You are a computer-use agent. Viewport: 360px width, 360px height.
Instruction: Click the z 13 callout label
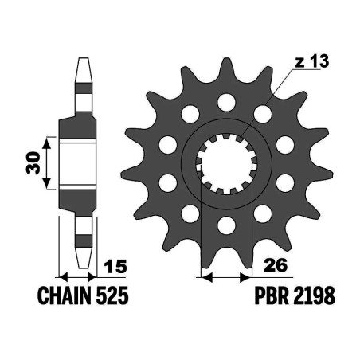311,61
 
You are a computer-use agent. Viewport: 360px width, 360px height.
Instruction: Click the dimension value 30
33,163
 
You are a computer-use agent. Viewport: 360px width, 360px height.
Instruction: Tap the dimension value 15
115,266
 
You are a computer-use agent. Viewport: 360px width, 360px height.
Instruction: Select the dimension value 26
276,264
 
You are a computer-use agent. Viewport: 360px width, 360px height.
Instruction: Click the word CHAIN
66,295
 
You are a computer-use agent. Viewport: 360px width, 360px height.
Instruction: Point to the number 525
112,295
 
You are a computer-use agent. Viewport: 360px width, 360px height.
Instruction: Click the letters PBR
272,295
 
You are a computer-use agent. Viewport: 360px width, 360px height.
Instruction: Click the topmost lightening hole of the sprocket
226,102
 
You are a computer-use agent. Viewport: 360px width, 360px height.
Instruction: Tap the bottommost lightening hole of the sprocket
226,225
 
